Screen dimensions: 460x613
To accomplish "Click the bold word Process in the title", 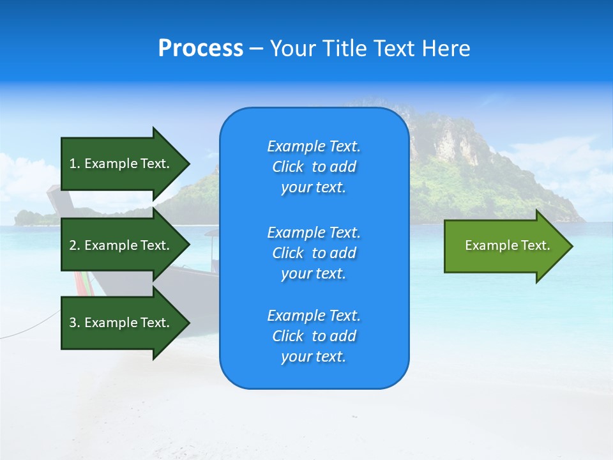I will (201, 49).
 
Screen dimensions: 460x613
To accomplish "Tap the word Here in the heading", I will (445, 49).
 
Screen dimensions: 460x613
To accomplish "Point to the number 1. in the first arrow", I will (75, 164).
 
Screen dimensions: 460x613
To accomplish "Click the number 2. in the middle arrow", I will (75, 245).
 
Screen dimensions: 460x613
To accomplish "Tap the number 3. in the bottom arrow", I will (75, 323).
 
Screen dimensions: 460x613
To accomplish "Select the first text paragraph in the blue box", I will (314, 167).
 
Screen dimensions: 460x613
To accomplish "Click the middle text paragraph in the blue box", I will (314, 253).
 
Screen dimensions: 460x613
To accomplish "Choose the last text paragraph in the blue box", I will (314, 336).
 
